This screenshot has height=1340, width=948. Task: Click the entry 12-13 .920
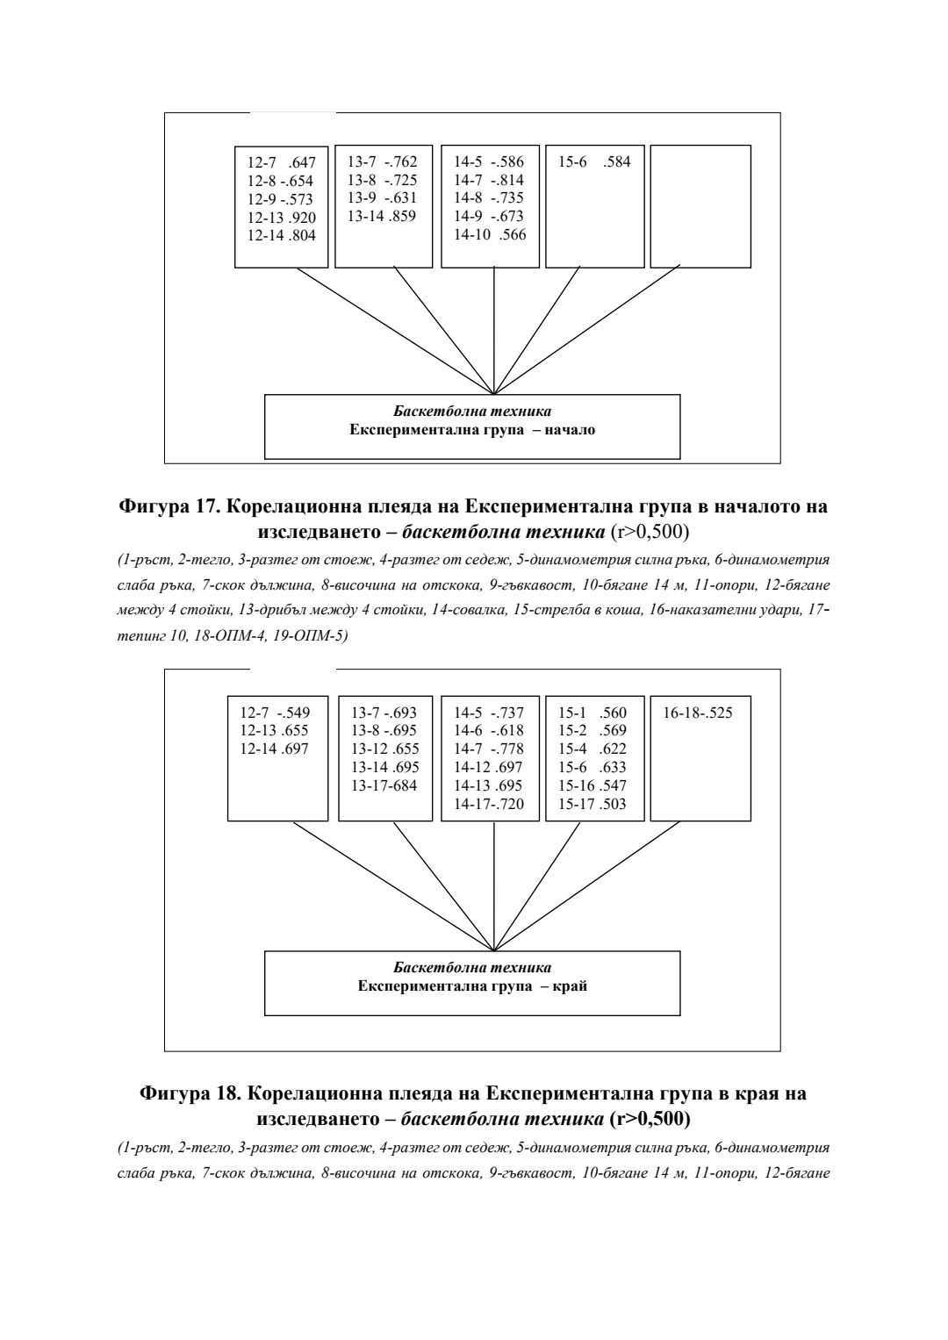click(x=281, y=218)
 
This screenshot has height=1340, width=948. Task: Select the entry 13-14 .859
click(x=382, y=216)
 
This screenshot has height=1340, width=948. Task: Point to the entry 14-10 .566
click(x=489, y=234)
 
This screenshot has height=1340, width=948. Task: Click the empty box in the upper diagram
click(x=700, y=206)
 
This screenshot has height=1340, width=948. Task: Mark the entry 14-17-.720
click(x=489, y=804)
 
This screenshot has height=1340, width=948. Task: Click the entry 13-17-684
click(x=384, y=785)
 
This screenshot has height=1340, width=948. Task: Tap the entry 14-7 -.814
click(x=489, y=180)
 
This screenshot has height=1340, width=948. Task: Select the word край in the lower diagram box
click(x=571, y=985)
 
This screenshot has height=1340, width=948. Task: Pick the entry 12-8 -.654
click(x=280, y=181)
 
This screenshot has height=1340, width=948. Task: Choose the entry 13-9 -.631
click(x=382, y=197)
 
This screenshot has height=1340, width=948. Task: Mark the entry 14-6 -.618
click(x=489, y=731)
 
